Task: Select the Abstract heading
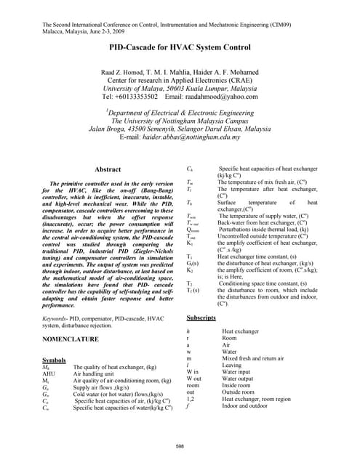tap(108, 169)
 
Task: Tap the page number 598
tap(180, 445)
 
